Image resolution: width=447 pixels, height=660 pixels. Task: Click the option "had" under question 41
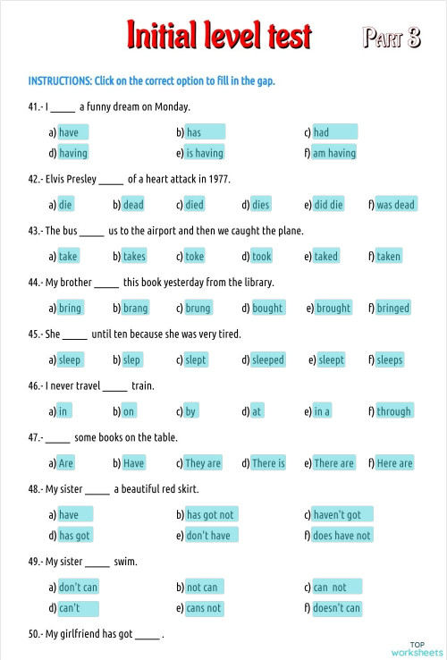coord(333,132)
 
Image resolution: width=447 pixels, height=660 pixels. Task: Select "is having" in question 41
coord(205,153)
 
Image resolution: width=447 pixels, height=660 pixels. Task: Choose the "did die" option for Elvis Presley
coord(328,205)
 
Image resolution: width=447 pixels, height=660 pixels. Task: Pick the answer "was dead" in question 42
coord(395,205)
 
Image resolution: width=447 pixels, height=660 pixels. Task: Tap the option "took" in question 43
coord(262,257)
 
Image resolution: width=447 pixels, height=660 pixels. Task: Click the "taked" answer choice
coord(326,257)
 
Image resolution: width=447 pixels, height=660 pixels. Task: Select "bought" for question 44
coord(267,309)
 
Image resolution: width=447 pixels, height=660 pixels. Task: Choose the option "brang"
coord(135,309)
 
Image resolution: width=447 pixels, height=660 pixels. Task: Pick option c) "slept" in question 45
coord(197,360)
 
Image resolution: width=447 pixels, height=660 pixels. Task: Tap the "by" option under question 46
coord(191,412)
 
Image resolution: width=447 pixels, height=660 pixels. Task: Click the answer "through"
coord(394,412)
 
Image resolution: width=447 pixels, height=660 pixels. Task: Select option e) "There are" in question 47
coord(333,463)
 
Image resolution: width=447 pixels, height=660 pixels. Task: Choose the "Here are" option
coord(394,463)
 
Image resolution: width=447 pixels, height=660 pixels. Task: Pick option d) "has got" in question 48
coord(75,536)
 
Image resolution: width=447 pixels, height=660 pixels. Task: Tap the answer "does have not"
coord(342,536)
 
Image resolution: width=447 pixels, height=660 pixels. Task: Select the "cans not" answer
coord(204,608)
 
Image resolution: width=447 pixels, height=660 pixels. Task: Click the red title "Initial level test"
coord(220,36)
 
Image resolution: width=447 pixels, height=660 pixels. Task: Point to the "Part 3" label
coord(392,38)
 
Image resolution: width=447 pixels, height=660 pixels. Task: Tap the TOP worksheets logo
coord(417,648)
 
